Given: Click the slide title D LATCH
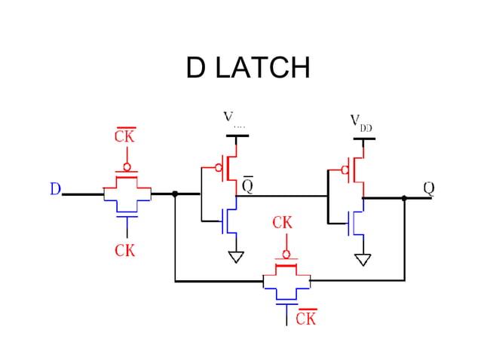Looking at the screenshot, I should point(247,69).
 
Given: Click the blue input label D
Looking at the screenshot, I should point(55,189).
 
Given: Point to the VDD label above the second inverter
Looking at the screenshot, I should point(360,123).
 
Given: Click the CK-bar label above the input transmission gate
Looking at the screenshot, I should point(124,136).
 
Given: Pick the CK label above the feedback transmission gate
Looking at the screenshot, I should point(283,223).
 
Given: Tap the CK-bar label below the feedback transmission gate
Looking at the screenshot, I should point(305,319).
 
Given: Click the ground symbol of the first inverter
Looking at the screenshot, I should point(237,257).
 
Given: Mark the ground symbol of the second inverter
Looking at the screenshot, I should point(363,259).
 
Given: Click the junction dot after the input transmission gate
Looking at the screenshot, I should point(175,194).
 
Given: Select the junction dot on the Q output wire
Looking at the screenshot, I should point(404,199).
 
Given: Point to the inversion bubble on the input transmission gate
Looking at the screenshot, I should point(127,166).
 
